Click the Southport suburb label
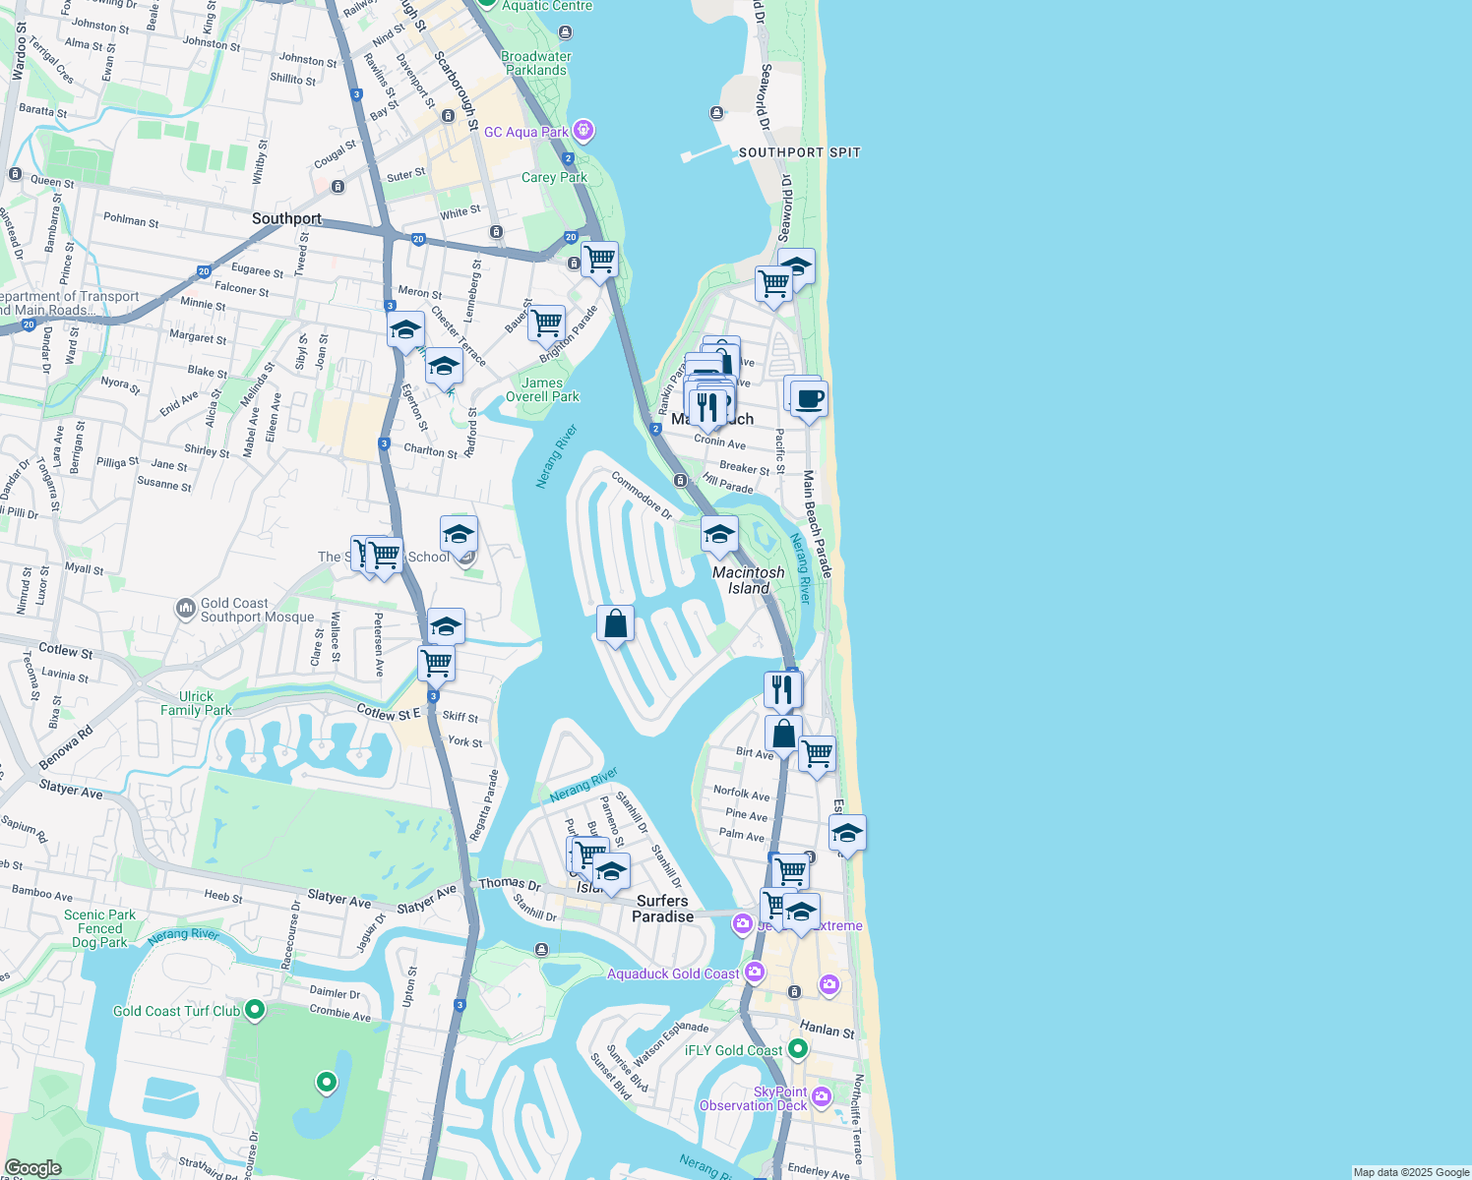(x=286, y=218)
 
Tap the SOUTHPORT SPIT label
(x=799, y=152)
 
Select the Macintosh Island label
(x=748, y=580)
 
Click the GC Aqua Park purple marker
(x=583, y=130)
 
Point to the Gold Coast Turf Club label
(x=176, y=1011)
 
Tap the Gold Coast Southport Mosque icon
(x=186, y=610)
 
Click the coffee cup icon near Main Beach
(x=809, y=399)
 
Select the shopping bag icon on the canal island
(x=615, y=623)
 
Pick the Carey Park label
(x=554, y=178)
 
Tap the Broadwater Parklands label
(x=536, y=63)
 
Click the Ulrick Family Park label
(x=196, y=703)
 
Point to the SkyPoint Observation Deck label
(x=753, y=1098)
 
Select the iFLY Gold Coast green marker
(x=798, y=1049)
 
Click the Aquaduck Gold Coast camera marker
(x=755, y=973)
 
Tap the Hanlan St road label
(x=827, y=1030)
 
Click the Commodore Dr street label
(x=642, y=496)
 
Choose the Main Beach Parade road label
(x=817, y=523)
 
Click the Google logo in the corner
(x=32, y=1167)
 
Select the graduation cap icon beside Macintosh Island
(x=719, y=535)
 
